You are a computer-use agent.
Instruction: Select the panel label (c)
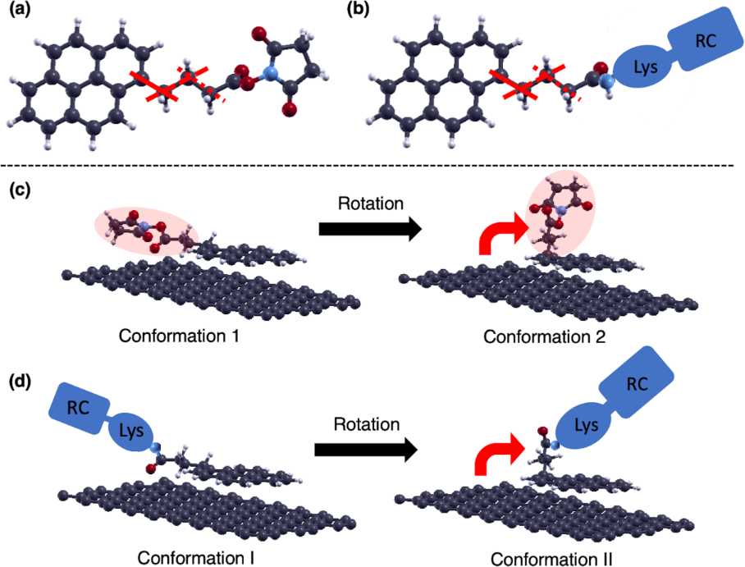point(18,190)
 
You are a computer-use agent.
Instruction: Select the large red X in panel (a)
point(162,86)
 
